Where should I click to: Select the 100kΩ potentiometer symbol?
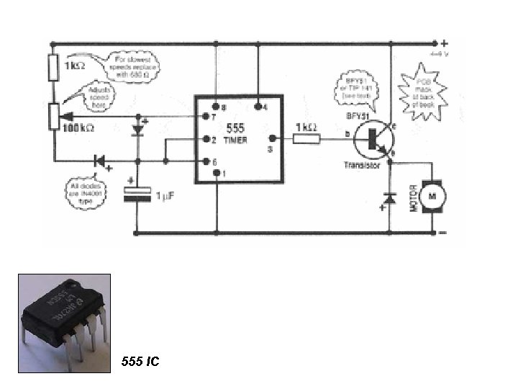pos(55,116)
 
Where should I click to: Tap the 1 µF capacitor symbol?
pos(137,193)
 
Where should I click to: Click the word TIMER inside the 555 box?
pos(235,140)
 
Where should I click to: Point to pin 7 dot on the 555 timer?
pos(206,116)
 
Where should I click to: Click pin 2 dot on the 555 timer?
pos(206,139)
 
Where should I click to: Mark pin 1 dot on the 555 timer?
pos(216,174)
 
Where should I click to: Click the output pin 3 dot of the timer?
pos(271,139)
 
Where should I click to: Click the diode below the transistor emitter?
pos(389,196)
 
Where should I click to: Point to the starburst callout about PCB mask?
pos(422,90)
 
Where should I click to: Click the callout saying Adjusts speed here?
pos(101,96)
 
